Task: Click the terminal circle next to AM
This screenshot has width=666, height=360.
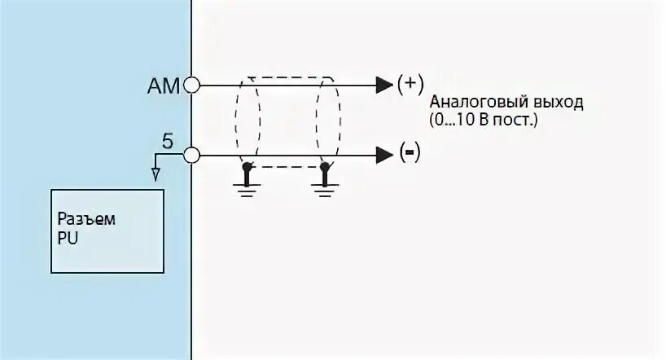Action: tap(192, 84)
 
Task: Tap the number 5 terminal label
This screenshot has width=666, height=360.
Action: tap(167, 141)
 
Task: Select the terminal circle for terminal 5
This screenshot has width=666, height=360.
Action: tap(192, 154)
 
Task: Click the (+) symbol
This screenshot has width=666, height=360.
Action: tap(410, 83)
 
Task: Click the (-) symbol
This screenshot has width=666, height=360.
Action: tap(410, 153)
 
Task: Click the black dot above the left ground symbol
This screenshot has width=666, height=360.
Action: tap(247, 166)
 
